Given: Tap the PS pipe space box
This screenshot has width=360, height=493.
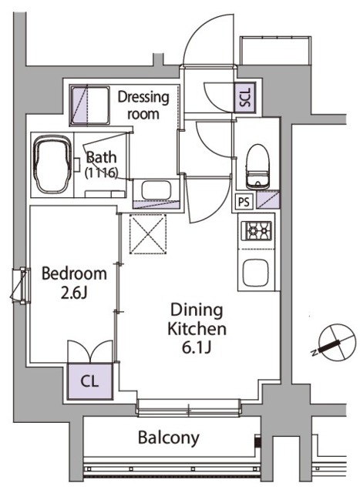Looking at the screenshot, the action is click(244, 202).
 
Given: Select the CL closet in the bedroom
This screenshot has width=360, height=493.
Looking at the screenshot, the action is click(90, 381).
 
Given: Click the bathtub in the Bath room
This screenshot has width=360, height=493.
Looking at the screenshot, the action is click(53, 164).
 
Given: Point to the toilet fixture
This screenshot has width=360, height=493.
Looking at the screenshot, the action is click(258, 167).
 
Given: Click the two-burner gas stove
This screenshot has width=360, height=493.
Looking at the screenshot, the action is click(256, 230).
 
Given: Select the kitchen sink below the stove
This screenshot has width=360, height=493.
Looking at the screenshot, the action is click(256, 273).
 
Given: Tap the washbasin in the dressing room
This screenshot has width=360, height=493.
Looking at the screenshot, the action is click(156, 190).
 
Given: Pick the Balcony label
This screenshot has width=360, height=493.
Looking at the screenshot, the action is click(169, 438).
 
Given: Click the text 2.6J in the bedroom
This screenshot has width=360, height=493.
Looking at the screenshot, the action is click(74, 293).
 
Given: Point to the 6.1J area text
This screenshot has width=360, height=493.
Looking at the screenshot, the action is click(197, 347).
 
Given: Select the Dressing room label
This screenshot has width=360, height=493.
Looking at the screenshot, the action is click(143, 105).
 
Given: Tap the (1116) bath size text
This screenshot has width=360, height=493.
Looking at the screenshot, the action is click(101, 173).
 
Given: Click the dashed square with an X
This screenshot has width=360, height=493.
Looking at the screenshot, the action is click(148, 233).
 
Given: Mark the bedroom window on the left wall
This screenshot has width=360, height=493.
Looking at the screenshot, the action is click(22, 285).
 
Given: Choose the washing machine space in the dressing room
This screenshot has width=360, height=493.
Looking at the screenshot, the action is click(89, 106).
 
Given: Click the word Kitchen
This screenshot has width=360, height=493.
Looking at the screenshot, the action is click(197, 329).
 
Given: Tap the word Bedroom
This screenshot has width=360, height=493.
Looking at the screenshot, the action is click(74, 273).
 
